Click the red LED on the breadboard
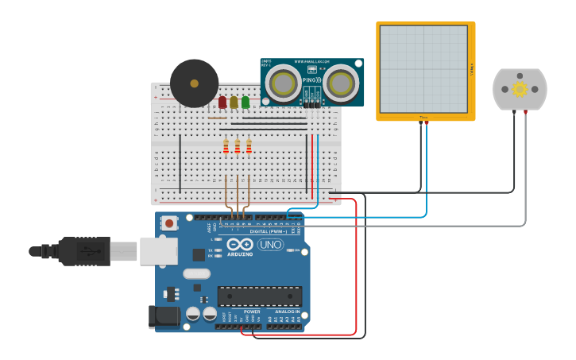[222, 103]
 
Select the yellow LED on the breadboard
[234, 103]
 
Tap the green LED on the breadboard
[245, 103]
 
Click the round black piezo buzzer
[194, 83]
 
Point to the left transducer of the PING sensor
[283, 82]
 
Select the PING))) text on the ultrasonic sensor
[311, 79]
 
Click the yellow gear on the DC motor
[520, 88]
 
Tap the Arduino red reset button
[168, 223]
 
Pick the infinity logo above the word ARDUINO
[239, 245]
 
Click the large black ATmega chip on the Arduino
[260, 296]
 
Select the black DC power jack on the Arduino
[164, 315]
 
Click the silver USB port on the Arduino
[158, 250]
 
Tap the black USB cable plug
[83, 251]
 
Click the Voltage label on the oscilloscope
[471, 69]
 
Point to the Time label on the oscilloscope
[423, 118]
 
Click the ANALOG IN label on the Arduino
[287, 312]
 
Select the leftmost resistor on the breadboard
[226, 146]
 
